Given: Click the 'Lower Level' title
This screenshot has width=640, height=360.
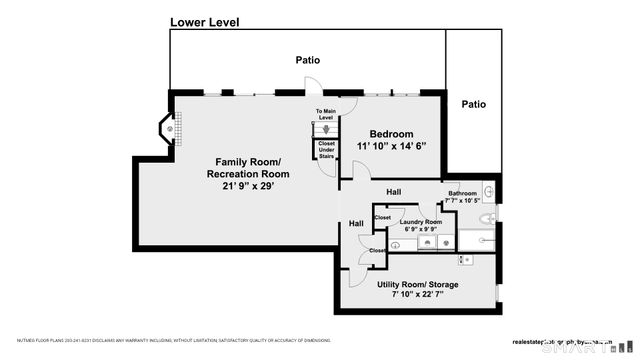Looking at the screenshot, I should coord(204,22).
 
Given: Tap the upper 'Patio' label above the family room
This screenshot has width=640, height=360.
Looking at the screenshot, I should coord(307,60).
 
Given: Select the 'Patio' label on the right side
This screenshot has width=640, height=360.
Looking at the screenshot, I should coord(473,103).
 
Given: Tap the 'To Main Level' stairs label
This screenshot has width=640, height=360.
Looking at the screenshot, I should coord(325,115).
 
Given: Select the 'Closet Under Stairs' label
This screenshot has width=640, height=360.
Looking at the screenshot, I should coord(326,149).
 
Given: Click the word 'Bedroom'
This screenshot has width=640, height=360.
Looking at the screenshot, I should coord(391,134).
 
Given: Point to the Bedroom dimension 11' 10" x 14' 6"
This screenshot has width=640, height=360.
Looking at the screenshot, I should coord(391,146).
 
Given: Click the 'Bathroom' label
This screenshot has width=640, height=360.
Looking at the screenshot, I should coord(461,194).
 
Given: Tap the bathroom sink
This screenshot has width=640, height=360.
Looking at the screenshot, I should coord(488,191).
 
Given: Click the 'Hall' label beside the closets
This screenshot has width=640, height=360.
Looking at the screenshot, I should coord(356,223).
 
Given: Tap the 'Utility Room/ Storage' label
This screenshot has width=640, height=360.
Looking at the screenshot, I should coord(418,285).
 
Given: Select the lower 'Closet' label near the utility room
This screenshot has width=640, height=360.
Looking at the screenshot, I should coord(377,250).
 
